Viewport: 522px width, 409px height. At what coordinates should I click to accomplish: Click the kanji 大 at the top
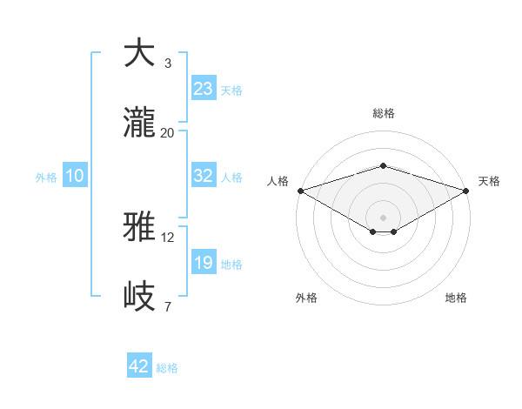pyautogui.click(x=140, y=53)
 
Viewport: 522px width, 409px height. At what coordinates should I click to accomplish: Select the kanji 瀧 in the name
pyautogui.click(x=140, y=123)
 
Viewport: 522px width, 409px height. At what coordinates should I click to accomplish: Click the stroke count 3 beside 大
pyautogui.click(x=167, y=63)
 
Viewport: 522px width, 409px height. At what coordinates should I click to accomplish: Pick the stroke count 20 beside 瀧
pyautogui.click(x=167, y=132)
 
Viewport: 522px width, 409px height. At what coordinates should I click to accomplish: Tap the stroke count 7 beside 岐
pyautogui.click(x=167, y=306)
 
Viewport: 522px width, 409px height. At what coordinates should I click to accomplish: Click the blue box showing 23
pyautogui.click(x=204, y=89)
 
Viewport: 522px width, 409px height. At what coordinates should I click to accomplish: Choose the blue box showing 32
pyautogui.click(x=204, y=176)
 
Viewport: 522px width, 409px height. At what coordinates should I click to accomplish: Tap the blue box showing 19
pyautogui.click(x=204, y=263)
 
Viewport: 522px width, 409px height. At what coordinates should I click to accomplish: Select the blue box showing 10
pyautogui.click(x=75, y=176)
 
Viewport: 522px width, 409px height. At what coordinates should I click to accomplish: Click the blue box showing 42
pyautogui.click(x=139, y=367)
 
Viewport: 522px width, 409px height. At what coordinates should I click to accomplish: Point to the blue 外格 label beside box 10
pyautogui.click(x=46, y=177)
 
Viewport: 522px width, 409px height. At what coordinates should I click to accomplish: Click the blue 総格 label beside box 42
pyautogui.click(x=167, y=368)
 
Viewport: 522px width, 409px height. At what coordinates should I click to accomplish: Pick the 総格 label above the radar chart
pyautogui.click(x=383, y=113)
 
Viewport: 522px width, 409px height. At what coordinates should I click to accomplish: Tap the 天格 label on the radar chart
pyautogui.click(x=490, y=181)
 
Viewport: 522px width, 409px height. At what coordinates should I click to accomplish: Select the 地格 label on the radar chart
pyautogui.click(x=456, y=298)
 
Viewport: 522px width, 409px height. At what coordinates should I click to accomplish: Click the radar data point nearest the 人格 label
pyautogui.click(x=299, y=190)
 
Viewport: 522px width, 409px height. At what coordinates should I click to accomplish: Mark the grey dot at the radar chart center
pyautogui.click(x=383, y=217)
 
